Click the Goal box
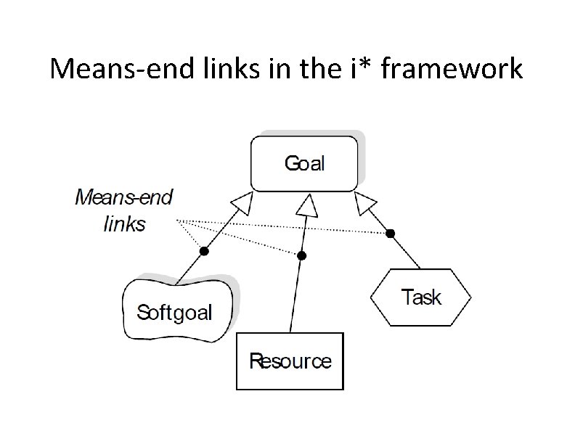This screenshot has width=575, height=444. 304,163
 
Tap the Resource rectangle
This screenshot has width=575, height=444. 290,361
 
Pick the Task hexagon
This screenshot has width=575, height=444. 421,297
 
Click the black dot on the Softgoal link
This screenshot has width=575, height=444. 204,251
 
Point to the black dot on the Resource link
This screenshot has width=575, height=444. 302,255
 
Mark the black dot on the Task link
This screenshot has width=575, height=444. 391,233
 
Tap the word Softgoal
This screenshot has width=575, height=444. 175,313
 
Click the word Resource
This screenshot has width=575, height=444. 290,361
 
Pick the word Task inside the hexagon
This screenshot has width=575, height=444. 421,297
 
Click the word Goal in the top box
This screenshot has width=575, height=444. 304,163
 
